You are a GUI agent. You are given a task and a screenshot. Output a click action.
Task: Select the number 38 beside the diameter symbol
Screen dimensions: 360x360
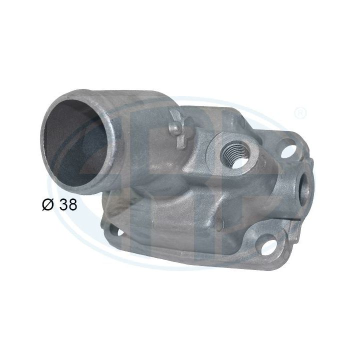(x=68, y=205)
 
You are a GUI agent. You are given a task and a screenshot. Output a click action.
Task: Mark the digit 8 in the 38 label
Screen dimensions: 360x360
(x=73, y=205)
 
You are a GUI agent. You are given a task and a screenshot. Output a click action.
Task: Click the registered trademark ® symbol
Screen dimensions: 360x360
(x=299, y=113)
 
